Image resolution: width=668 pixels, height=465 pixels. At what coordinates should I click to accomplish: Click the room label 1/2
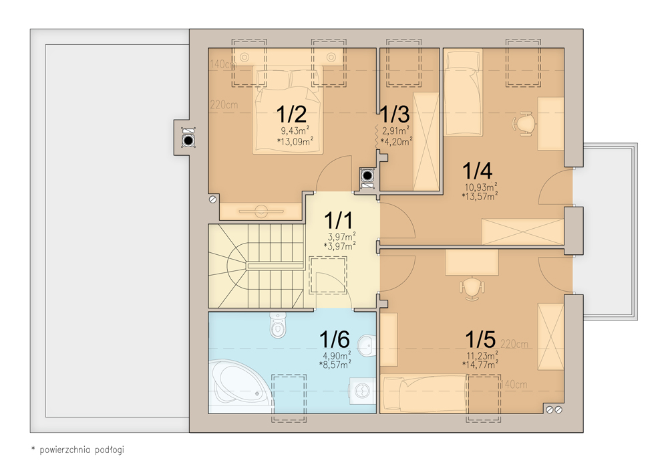tap(291, 114)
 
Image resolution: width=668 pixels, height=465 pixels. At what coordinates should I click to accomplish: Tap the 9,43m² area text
tap(295, 130)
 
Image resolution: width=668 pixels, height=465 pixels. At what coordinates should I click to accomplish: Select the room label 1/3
tap(395, 114)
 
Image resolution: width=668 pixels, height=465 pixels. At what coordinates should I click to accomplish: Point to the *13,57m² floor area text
tap(480, 196)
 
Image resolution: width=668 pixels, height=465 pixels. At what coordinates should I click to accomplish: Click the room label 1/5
tap(480, 340)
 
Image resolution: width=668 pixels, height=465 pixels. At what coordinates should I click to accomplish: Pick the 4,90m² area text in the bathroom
tap(337, 355)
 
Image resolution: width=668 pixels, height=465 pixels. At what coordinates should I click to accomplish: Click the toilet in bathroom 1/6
tap(278, 325)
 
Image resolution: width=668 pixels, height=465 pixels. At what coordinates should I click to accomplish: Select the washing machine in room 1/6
tap(363, 391)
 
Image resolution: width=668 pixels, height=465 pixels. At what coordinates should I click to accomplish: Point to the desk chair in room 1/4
tap(524, 124)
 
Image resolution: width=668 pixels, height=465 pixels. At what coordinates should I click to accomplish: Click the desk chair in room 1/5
tap(472, 288)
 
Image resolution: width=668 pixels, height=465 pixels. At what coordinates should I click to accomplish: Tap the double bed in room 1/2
tap(287, 110)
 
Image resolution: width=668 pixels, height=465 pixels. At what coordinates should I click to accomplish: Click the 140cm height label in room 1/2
tap(223, 64)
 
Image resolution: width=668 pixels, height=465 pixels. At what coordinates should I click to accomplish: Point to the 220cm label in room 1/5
tap(514, 344)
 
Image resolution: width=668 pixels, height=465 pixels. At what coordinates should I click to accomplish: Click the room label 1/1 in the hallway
tap(338, 221)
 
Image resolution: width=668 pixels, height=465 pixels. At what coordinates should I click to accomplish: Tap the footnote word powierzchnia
tap(65, 450)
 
